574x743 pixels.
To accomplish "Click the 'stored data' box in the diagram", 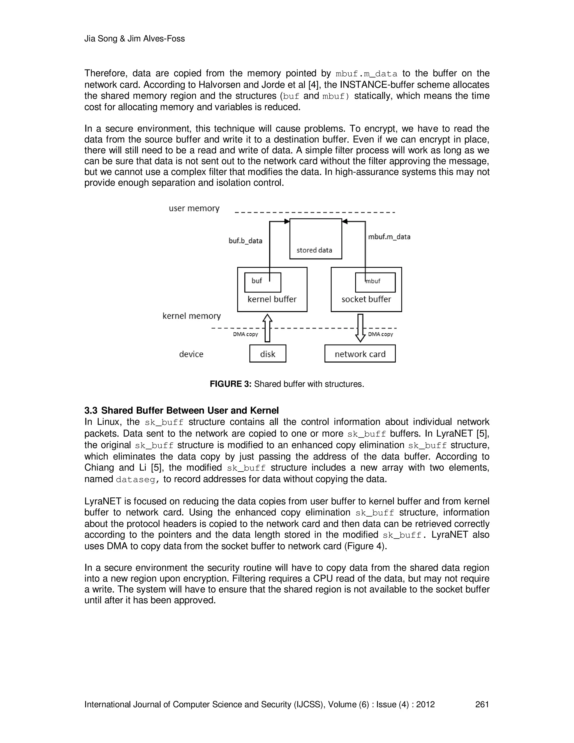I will tap(316, 239).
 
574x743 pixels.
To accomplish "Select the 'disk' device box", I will tap(268, 354).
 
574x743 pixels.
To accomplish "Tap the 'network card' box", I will tap(360, 354).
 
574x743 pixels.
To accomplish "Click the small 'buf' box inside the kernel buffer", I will tap(263, 282).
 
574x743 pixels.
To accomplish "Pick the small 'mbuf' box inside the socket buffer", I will tap(375, 282).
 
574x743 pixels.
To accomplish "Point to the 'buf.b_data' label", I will tap(245, 241).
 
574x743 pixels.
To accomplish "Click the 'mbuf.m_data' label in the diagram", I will tap(389, 237).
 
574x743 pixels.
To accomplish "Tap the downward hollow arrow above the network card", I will tap(360, 327).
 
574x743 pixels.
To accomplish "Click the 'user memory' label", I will tap(194, 208).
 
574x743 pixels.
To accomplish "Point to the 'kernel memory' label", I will tap(191, 316).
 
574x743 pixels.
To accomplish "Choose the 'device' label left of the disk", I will tap(191, 354).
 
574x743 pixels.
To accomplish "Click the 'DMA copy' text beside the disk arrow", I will tap(245, 334).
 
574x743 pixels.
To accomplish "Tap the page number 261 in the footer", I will tap(482, 704).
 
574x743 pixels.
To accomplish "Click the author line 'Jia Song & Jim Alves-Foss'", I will tap(134, 39).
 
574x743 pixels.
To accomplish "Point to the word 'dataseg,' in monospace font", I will tap(137, 480).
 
